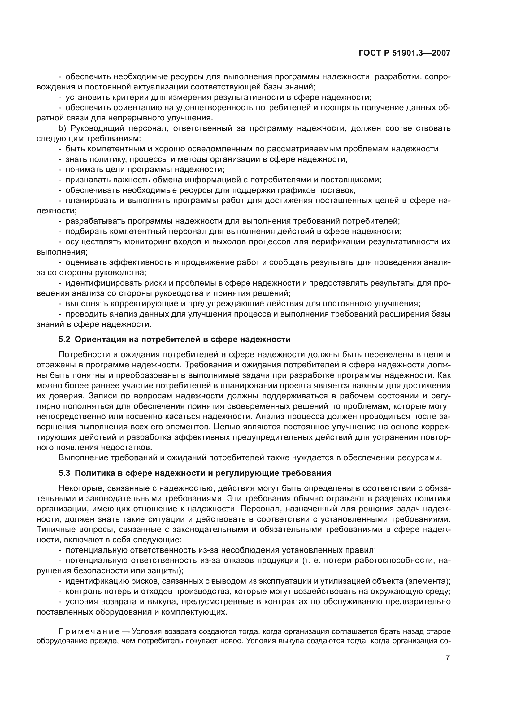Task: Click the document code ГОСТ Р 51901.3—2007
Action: click(x=405, y=53)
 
